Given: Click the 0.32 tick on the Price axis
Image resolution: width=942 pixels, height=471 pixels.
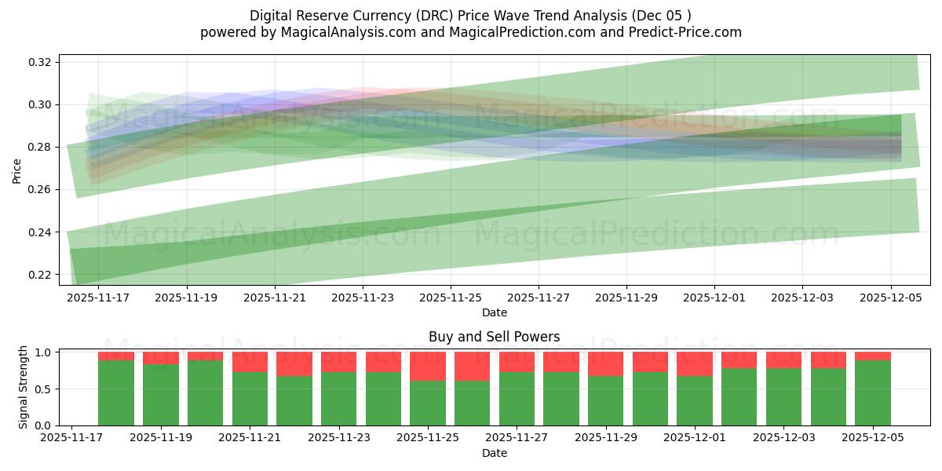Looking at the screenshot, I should point(40,62).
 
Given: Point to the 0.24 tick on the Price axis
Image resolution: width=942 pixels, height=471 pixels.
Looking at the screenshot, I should point(40,232).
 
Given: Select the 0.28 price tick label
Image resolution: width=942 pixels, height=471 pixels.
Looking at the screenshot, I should point(40,148).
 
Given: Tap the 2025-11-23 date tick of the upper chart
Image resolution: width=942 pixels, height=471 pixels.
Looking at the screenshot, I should point(363,298).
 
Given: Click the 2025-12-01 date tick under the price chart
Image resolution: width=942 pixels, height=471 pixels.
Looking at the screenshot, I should point(714,298).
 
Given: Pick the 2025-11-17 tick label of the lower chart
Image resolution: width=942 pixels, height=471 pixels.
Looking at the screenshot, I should point(72,439).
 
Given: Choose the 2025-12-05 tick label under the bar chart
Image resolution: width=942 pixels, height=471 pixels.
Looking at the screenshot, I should point(874,439).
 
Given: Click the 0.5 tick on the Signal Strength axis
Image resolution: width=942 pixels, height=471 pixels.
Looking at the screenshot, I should point(44,389).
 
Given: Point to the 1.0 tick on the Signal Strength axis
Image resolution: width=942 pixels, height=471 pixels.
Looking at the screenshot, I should point(44,352).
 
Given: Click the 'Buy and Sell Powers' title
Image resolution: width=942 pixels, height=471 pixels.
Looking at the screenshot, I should point(494,337).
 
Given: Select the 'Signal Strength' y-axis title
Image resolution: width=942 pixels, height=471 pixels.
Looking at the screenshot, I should point(24,387).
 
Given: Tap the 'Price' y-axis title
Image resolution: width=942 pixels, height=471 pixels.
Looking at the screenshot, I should point(17,170).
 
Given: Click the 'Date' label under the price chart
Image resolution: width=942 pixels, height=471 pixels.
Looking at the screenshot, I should point(494,312).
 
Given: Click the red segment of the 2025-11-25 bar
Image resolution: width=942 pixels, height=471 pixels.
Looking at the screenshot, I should point(428,367).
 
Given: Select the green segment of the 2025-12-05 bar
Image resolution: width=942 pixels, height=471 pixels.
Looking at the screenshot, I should point(873,392).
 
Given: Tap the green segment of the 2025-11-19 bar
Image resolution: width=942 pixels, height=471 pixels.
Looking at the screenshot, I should point(161,395).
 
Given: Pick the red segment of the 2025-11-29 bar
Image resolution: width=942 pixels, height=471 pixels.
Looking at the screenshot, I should point(606,364).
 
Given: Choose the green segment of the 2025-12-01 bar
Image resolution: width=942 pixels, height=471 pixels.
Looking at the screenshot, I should point(695,400).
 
